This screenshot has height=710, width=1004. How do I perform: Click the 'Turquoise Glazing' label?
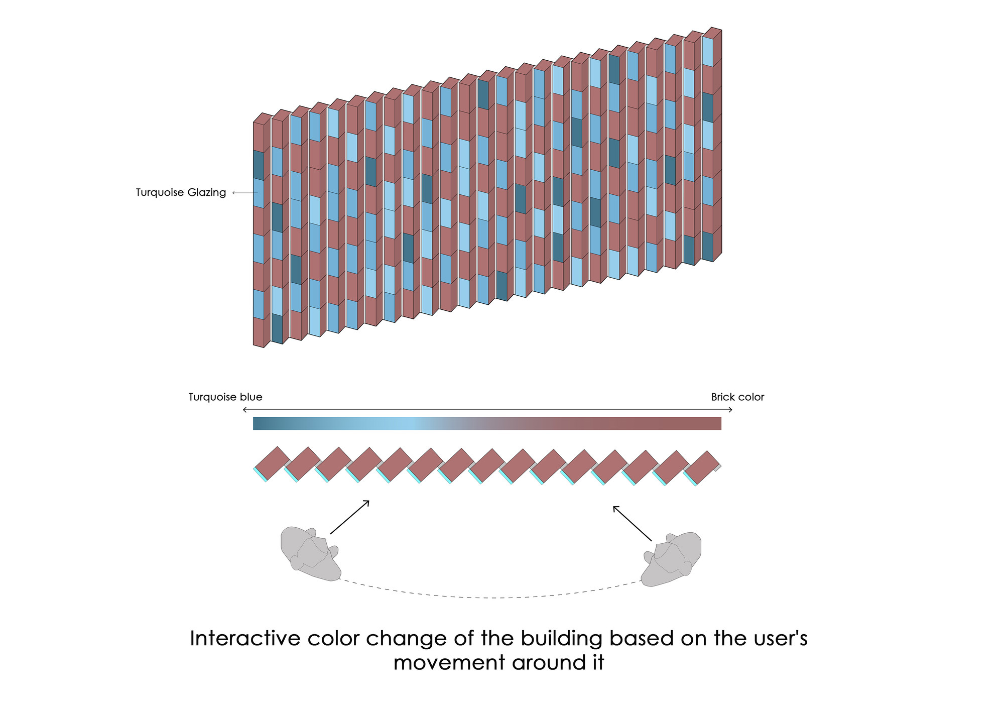coord(181,192)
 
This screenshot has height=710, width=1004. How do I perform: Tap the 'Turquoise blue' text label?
coord(225,397)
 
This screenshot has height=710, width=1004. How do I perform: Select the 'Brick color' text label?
coord(737,397)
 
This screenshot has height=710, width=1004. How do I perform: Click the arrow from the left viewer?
coord(349,517)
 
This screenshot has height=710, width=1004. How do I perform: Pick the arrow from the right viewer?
coord(633,523)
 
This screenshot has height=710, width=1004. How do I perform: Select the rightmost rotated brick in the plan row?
coord(702,467)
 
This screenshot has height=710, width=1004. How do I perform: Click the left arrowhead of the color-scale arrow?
coord(244,410)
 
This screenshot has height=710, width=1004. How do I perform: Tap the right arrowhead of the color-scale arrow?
coord(731,410)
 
